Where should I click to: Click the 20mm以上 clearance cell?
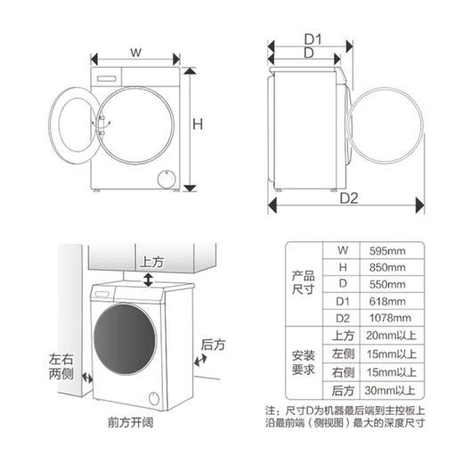pyautogui.click(x=393, y=337)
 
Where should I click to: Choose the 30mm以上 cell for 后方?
pyautogui.click(x=393, y=391)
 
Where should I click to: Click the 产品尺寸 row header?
pyautogui.click(x=303, y=283)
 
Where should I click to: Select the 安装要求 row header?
pyautogui.click(x=303, y=363)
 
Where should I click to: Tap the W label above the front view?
pyautogui.click(x=135, y=53)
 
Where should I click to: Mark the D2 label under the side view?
pyautogui.click(x=348, y=198)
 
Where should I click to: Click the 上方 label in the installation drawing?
pyautogui.click(x=151, y=263)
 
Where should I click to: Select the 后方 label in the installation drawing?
pyautogui.click(x=214, y=344)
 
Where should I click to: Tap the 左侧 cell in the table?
pyautogui.click(x=343, y=354)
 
